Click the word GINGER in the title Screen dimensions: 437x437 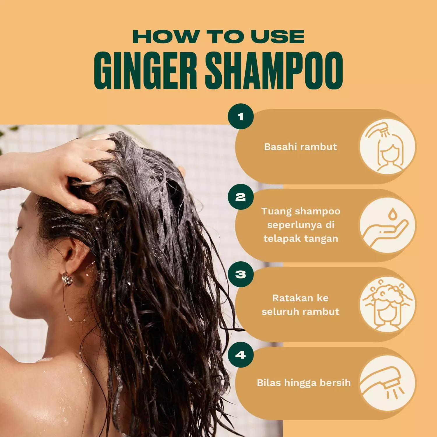(145, 71)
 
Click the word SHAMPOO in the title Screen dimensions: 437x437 (274, 71)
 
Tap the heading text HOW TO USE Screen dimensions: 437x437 (218, 37)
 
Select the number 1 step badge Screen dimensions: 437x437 (241, 117)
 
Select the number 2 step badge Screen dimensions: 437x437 (241, 197)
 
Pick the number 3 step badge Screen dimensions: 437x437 (241, 274)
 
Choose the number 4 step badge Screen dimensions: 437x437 (241, 355)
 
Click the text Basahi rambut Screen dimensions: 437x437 (300, 147)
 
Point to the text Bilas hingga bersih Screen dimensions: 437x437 (304, 383)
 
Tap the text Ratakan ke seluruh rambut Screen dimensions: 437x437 (300, 305)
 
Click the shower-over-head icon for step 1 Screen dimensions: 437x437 (388, 147)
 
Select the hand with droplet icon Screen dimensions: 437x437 (388, 226)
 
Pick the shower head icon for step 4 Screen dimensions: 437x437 (388, 383)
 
